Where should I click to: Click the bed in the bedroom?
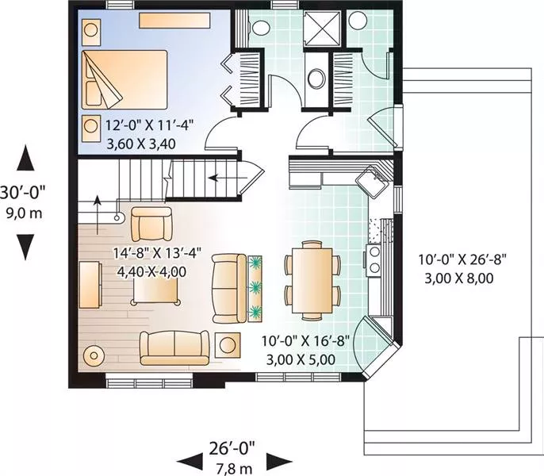coord(125,80)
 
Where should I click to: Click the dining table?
coord(312,280)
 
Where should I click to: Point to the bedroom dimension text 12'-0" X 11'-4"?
coord(149,125)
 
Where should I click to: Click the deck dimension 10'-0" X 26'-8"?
coord(462,259)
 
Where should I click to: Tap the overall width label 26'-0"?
coord(232,448)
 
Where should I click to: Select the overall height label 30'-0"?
coord(23,192)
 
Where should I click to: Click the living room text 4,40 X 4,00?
coord(151,271)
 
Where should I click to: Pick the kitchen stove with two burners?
coord(374,260)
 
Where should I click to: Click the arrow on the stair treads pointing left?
coord(228,178)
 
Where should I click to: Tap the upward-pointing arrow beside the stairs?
coord(98,214)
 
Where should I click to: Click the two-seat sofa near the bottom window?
coord(174,347)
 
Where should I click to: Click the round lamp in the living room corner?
coord(94,355)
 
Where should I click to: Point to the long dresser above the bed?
coord(174,21)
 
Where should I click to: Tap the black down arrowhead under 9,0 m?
coord(25,247)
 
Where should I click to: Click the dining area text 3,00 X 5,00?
coord(301,359)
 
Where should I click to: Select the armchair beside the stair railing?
coord(151,224)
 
